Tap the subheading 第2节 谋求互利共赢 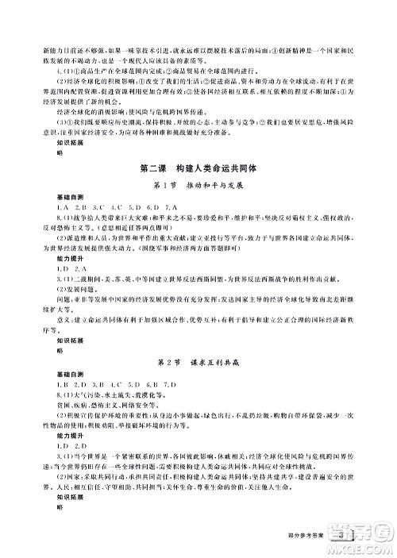point(198,361)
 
